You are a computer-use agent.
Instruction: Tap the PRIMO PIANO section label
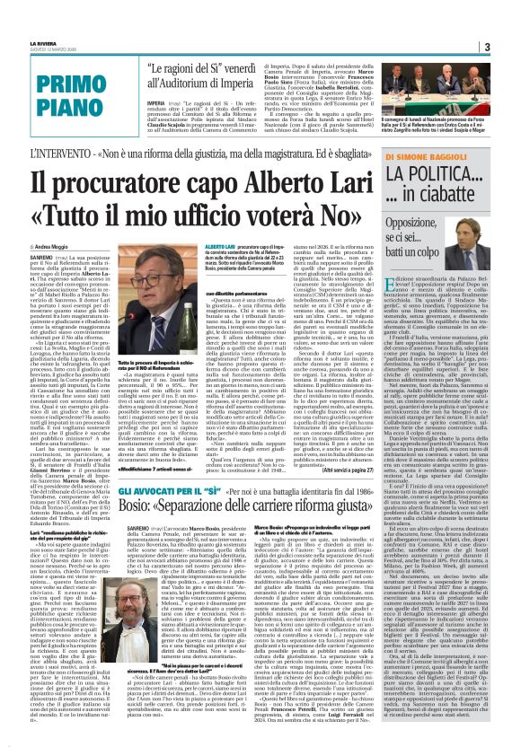[51, 97]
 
